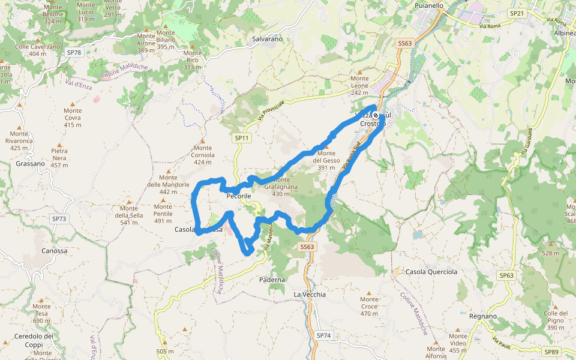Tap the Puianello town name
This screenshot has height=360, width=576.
tap(429, 5)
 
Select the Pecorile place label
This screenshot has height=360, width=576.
tap(239, 196)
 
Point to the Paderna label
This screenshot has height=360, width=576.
tap(272, 280)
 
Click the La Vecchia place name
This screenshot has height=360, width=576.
tap(310, 295)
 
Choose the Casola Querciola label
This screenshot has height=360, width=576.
tap(431, 272)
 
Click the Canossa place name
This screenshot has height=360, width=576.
tap(55, 251)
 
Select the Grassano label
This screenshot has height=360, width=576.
tap(30, 163)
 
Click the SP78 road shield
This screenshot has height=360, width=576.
tap(74, 53)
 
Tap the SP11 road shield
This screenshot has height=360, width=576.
tap(241, 138)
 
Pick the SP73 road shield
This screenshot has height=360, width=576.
tap(59, 219)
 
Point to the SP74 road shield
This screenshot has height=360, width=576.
tap(323, 335)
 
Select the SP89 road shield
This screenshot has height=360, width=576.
tap(551, 352)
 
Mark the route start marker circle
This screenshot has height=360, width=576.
tap(376, 115)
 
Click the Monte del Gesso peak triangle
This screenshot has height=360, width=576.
tap(327, 146)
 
